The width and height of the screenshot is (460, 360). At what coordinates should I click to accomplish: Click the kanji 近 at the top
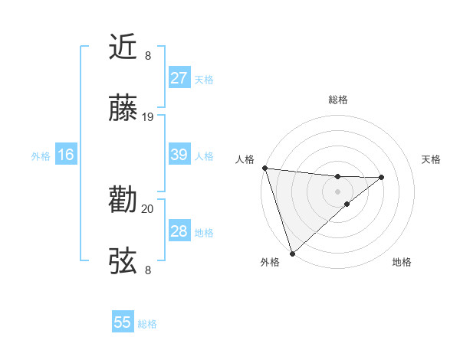123,47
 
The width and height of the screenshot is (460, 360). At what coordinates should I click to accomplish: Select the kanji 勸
123,200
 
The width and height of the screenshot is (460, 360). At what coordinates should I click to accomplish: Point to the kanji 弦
123,261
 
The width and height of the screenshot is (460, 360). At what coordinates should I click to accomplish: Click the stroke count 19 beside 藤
148,117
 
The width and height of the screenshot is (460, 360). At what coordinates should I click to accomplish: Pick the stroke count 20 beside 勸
148,208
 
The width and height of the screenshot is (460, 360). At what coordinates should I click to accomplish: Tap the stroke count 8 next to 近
148,55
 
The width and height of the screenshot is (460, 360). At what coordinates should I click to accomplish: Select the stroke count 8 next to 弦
148,270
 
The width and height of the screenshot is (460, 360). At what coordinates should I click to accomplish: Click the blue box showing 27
179,78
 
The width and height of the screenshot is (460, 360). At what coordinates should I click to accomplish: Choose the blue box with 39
179,155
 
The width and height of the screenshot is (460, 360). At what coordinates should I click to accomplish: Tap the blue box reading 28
179,231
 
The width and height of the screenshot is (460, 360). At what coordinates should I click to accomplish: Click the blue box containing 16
66,155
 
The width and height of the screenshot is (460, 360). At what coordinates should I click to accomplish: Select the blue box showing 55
123,322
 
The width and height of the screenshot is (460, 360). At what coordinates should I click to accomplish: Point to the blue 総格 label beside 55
147,324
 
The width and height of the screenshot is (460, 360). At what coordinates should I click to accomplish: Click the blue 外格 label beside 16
41,155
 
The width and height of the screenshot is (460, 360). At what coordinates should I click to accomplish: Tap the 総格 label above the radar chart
337,100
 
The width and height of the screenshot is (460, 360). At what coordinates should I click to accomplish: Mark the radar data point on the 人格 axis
264,168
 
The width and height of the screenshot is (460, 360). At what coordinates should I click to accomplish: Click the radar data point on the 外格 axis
291,252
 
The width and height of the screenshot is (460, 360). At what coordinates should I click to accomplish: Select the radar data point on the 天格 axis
381,178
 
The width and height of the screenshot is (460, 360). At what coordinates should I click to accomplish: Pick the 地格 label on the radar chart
402,263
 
